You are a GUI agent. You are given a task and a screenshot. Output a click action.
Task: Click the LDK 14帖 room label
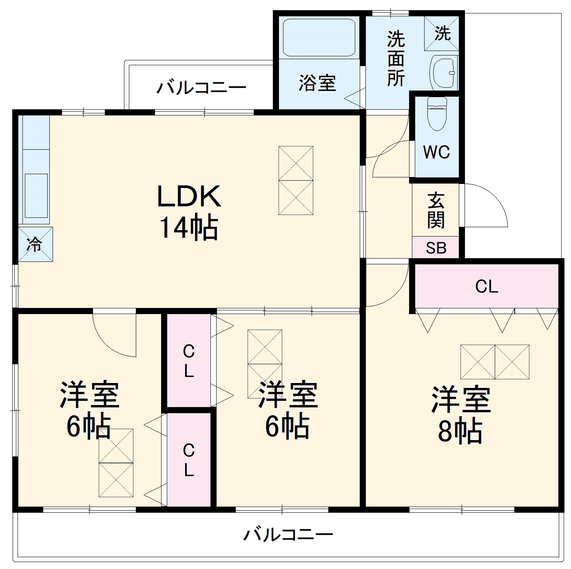coord(188,212)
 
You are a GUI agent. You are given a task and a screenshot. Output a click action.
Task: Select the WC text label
coord(436,152)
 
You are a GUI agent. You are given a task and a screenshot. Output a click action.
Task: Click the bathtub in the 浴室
coord(319,37)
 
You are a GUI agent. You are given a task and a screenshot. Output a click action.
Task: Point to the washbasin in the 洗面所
coord(443,73)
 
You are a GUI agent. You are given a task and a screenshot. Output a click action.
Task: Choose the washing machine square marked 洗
coord(442,33)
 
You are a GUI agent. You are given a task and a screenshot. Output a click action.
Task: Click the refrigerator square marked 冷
coord(35,244)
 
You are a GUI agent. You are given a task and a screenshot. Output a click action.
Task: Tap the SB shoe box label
coord(436,248)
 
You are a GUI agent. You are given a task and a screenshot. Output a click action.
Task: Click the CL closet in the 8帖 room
coord(486,286)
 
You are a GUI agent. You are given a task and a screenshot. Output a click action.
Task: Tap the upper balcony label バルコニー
coord(201,87)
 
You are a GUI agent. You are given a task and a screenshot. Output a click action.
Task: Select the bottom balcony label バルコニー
coord(288,534)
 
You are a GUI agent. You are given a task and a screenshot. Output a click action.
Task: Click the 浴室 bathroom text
coord(317,83)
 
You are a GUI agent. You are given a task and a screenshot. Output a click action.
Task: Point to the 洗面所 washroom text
coord(396,58)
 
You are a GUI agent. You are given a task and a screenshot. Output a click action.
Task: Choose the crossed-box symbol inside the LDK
coord(296,180)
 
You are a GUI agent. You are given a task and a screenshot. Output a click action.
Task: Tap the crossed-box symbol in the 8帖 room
coord(495,362)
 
